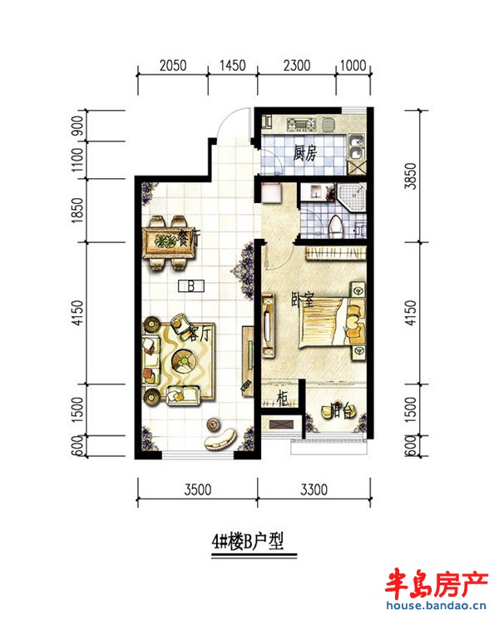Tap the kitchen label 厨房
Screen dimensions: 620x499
[305, 153]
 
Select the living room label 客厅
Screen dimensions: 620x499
[196, 335]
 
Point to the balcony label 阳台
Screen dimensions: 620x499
[335, 410]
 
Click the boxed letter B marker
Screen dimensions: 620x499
[191, 287]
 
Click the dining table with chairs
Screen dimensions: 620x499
[171, 241]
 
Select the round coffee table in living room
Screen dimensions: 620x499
[183, 360]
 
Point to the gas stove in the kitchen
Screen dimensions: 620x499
[299, 125]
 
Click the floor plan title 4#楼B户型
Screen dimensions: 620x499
[247, 543]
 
